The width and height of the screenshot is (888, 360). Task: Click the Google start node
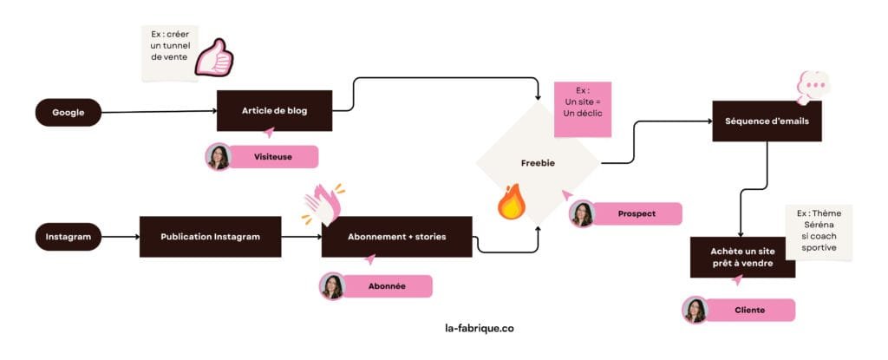click(69, 112)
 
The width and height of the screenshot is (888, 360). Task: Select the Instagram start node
click(69, 236)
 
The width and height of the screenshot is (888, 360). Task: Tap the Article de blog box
click(274, 111)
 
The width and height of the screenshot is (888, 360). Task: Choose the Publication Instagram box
click(210, 237)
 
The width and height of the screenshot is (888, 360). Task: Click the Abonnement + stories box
click(396, 237)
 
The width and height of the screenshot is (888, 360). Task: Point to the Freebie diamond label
click(538, 162)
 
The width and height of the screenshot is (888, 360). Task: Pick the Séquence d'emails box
click(767, 121)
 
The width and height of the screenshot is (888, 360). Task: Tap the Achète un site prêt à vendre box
click(742, 257)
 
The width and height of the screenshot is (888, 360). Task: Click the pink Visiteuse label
click(273, 157)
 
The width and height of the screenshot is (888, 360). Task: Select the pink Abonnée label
click(388, 286)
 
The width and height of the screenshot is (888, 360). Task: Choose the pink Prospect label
click(637, 213)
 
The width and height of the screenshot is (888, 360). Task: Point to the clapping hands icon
click(323, 204)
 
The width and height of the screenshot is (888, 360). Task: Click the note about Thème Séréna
click(818, 231)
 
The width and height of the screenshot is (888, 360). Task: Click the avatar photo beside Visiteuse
click(218, 157)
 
